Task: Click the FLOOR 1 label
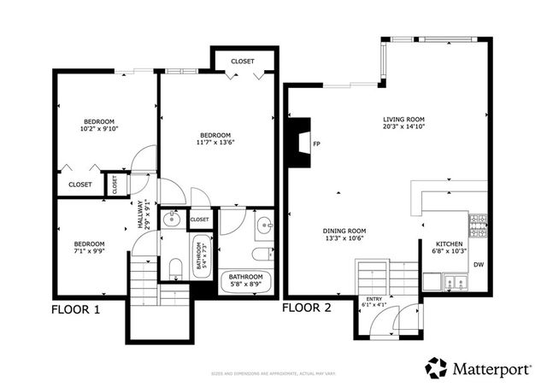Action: (76, 309)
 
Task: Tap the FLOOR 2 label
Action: (308, 308)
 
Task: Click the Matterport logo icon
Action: (436, 367)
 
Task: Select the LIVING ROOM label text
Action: (405, 122)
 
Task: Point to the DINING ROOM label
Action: (344, 235)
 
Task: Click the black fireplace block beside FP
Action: (300, 144)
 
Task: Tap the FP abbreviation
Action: (316, 144)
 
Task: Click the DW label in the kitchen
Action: (479, 265)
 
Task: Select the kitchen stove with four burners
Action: (476, 226)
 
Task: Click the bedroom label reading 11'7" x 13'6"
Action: (215, 139)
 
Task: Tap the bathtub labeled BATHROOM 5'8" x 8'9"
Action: (247, 282)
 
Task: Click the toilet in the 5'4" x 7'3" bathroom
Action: (174, 270)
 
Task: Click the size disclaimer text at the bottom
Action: (273, 374)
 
